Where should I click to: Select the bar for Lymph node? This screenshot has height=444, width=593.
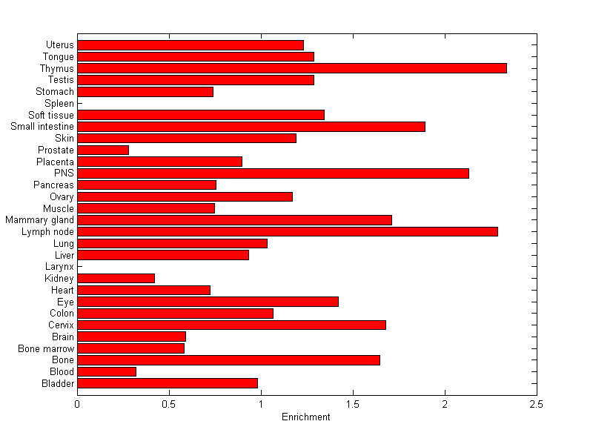[x=288, y=231]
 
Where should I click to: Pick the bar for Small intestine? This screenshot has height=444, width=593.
[x=251, y=126]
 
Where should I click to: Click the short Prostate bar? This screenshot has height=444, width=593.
[x=103, y=150]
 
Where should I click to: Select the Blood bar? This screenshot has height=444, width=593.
[x=107, y=371]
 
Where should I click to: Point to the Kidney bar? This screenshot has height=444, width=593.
[x=116, y=278]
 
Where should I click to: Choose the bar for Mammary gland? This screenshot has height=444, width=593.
[x=234, y=219]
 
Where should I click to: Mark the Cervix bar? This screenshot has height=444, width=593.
[x=231, y=325]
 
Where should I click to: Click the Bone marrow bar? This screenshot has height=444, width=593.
[x=130, y=348]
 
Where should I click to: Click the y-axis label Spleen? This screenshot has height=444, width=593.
[x=59, y=103]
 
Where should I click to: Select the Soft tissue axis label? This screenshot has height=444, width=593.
[x=51, y=115]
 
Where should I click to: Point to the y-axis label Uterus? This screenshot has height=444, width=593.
[x=59, y=45]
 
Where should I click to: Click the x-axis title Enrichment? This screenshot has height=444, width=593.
[x=306, y=417]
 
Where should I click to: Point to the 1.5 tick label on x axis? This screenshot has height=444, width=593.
[x=353, y=404]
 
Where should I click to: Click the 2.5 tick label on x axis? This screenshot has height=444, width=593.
[x=537, y=404]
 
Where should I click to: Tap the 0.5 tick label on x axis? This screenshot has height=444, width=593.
[x=169, y=404]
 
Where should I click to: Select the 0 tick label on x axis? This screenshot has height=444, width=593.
[x=77, y=404]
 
